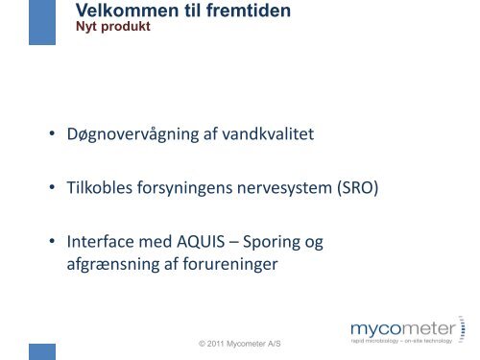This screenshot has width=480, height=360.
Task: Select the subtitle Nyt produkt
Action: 112,27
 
